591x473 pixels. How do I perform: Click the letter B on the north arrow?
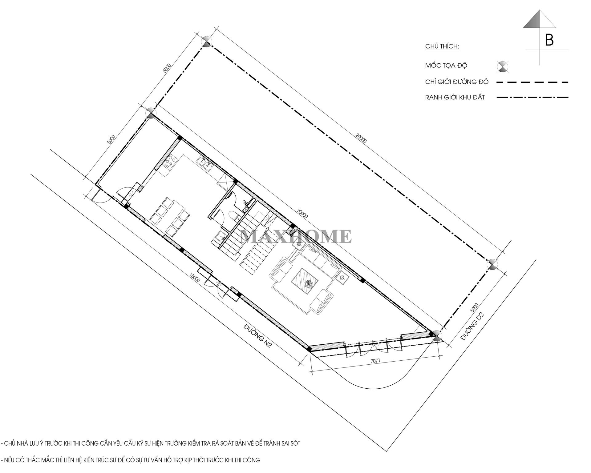549,40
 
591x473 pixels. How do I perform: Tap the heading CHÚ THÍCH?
442,46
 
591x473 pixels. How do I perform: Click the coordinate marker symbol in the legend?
503,66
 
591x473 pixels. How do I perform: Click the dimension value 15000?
195,279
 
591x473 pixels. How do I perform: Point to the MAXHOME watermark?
296,236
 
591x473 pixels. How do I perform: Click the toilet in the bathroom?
234,216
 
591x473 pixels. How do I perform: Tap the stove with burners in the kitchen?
170,162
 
